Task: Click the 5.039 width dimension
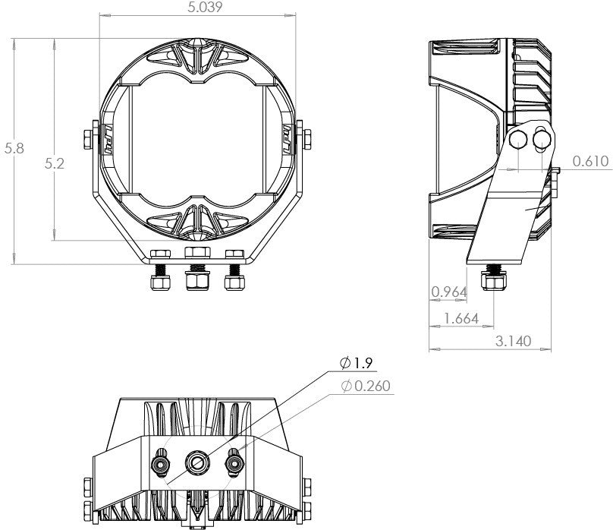click(197, 8)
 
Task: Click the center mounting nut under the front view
click(197, 282)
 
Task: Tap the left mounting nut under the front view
click(160, 282)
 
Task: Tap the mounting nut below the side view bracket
click(495, 282)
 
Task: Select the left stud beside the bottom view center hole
click(161, 461)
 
